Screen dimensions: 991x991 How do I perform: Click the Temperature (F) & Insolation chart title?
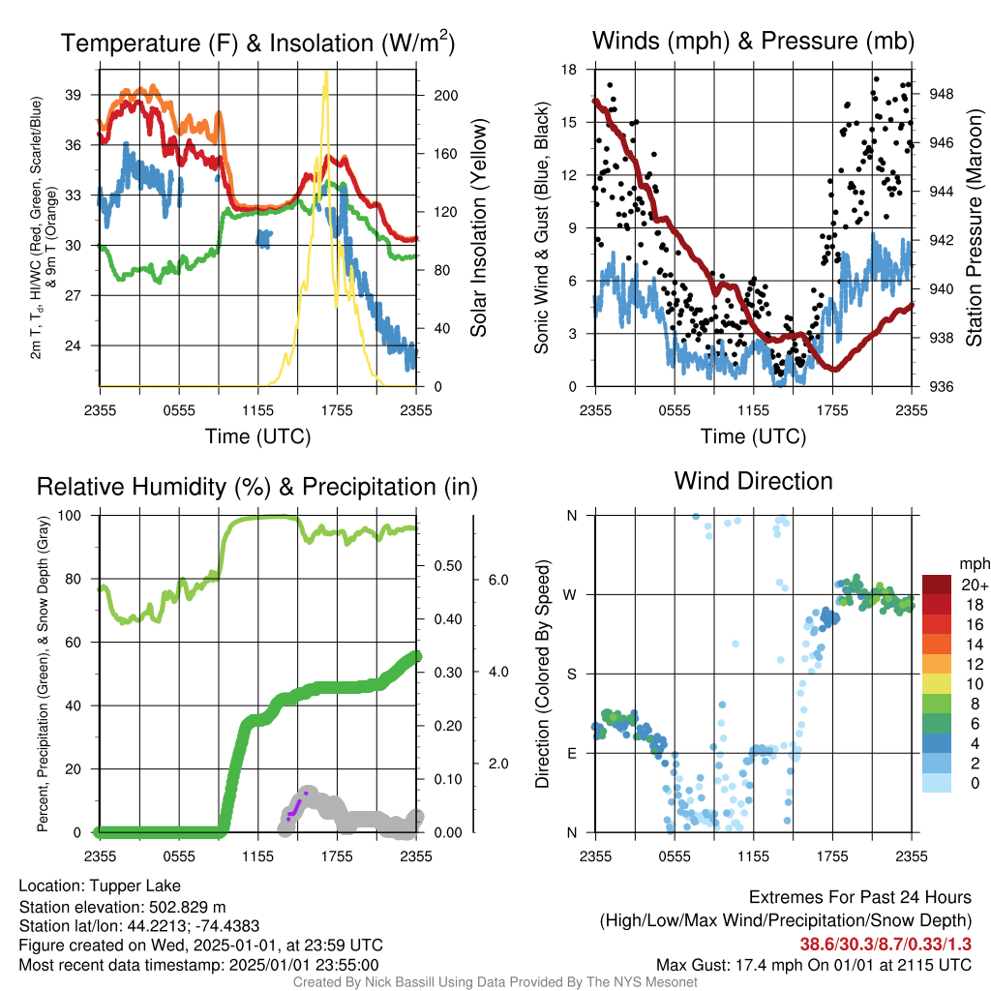[257, 43]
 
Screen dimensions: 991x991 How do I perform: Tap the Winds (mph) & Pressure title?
[753, 41]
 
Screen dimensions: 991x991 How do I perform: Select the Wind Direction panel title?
[753, 481]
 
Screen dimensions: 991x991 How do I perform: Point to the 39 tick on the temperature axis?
[74, 95]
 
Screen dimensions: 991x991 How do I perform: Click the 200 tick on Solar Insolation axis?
[446, 96]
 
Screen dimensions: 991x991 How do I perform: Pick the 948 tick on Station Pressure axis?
[942, 94]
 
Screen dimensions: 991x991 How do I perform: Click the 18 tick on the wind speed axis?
[569, 70]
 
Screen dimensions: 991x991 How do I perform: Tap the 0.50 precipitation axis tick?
[448, 565]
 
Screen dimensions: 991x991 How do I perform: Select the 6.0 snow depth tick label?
[498, 580]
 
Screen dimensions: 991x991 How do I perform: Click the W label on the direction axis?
[570, 595]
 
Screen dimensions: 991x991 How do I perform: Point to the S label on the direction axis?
[571, 674]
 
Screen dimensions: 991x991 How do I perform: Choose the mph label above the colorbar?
[975, 563]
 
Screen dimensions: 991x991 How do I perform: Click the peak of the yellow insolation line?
[326, 72]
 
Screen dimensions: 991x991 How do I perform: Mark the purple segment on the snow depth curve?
[296, 806]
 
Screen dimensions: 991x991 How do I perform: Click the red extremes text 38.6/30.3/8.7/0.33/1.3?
[886, 944]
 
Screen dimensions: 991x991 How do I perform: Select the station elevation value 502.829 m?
[187, 907]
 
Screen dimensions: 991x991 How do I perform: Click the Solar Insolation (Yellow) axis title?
[478, 227]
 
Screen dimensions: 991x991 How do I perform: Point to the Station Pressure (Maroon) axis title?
[974, 227]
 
